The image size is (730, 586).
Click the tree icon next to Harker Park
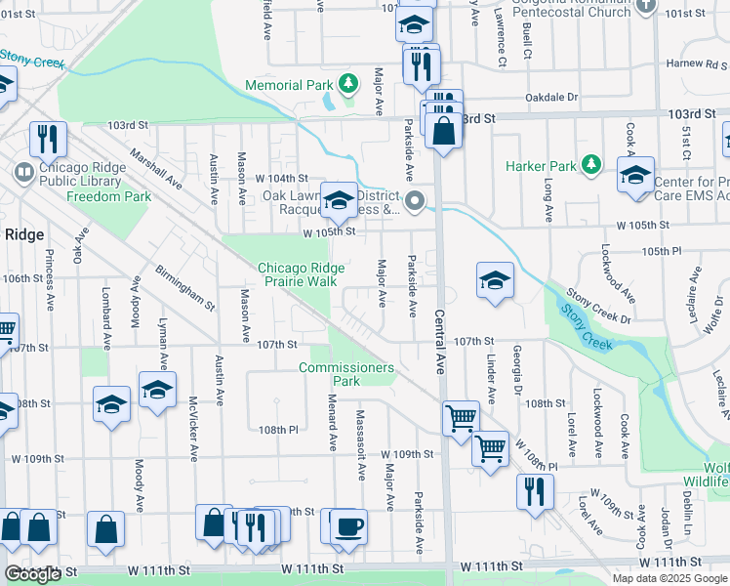coord(589,165)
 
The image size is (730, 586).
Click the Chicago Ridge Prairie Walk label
coord(297,274)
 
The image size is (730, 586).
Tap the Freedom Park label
coord(108,196)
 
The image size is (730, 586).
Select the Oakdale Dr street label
coord(551,98)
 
